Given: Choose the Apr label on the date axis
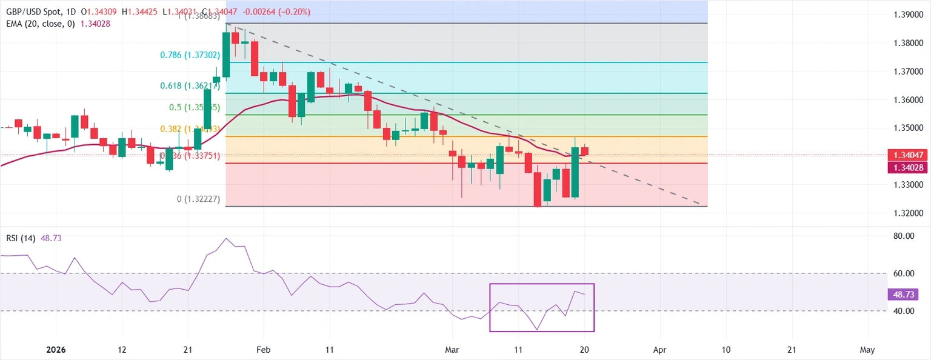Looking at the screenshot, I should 659,350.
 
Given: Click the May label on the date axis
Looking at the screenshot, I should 868,350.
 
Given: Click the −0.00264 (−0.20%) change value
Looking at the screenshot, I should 277,12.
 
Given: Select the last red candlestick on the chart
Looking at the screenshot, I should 584,151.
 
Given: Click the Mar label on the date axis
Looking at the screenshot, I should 452,350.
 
